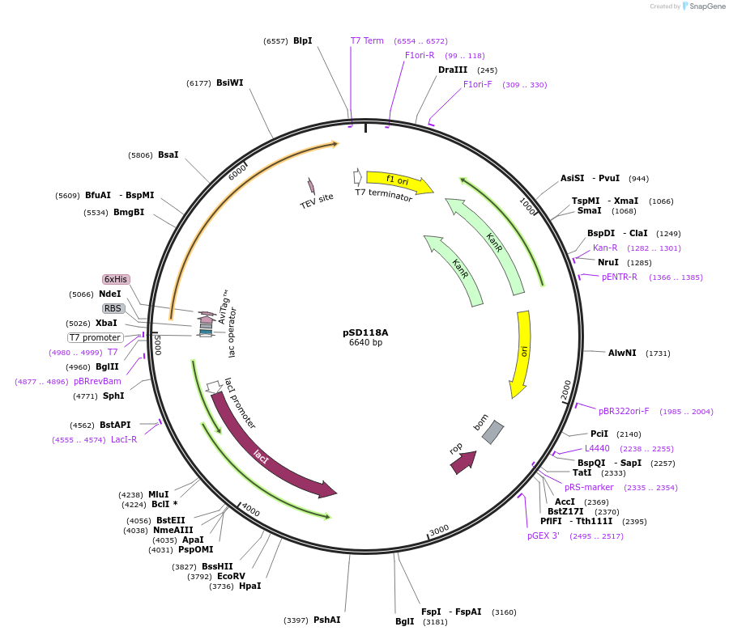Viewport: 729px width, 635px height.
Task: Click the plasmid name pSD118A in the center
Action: (x=365, y=332)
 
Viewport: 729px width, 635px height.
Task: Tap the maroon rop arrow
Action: (x=463, y=462)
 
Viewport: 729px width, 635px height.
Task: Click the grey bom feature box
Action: (x=492, y=432)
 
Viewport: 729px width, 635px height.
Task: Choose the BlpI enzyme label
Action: (x=302, y=40)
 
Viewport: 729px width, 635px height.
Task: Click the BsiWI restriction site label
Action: (x=229, y=83)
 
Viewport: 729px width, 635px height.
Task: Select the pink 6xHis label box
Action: (x=116, y=279)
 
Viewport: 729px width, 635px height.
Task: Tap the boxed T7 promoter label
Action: (x=95, y=337)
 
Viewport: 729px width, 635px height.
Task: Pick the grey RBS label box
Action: (x=113, y=308)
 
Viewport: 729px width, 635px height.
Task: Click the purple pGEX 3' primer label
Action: (x=543, y=536)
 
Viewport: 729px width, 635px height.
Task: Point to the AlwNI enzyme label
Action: (x=622, y=353)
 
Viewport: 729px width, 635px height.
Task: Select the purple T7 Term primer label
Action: (x=367, y=40)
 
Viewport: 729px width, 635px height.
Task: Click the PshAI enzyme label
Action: (x=326, y=620)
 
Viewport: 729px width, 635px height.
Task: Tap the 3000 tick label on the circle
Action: (x=439, y=530)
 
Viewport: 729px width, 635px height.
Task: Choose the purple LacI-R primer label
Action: (x=124, y=439)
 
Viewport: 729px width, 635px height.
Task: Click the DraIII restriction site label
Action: (x=453, y=70)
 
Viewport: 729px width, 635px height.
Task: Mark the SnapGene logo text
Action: (x=707, y=6)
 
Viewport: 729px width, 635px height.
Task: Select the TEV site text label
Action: (x=317, y=201)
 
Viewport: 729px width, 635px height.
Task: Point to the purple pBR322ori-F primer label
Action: (x=624, y=411)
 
